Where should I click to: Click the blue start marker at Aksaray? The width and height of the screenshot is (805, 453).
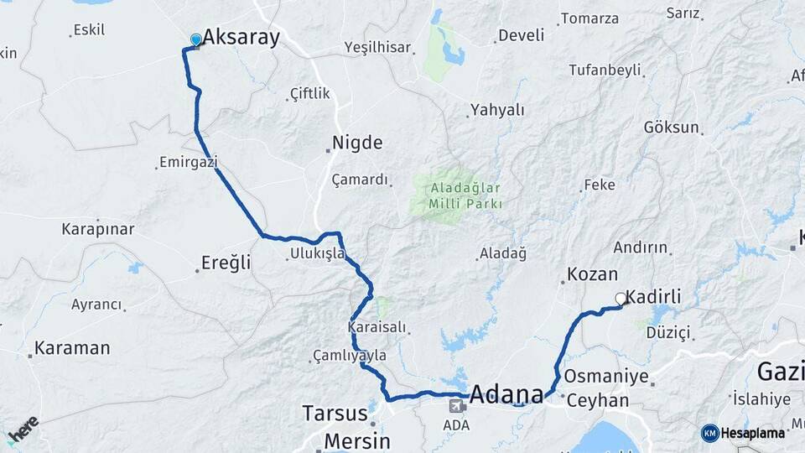(195, 39)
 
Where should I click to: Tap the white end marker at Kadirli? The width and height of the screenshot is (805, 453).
(621, 298)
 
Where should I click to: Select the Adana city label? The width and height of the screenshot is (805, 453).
(506, 393)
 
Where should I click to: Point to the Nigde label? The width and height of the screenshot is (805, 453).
(357, 142)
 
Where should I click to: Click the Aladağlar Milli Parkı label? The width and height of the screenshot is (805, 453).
(465, 195)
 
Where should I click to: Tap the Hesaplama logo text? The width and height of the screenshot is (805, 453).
(752, 433)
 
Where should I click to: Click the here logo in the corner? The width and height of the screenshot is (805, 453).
(23, 429)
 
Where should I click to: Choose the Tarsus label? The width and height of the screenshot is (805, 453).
(335, 414)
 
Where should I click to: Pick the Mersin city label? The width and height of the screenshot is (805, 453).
(356, 440)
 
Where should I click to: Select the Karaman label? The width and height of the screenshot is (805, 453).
(72, 347)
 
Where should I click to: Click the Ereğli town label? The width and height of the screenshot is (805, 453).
(226, 263)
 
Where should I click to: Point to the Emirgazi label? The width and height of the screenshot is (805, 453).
(188, 160)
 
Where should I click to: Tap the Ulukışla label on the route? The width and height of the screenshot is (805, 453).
(316, 253)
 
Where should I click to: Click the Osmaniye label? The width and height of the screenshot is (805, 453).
(606, 376)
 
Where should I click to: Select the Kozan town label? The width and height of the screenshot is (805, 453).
(592, 273)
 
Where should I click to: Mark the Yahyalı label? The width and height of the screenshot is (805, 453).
(497, 109)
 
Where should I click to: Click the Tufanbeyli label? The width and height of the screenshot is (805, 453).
(605, 70)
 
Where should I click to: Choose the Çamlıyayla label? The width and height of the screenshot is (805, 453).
(350, 356)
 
